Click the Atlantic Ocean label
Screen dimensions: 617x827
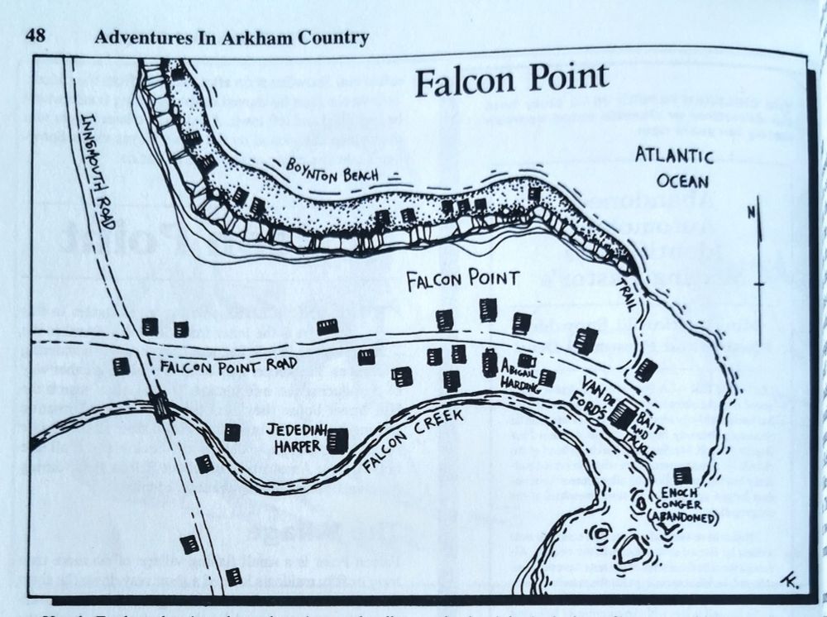point(673,168)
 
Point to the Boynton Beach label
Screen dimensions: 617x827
point(332,168)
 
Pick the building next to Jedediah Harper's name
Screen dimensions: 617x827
point(336,440)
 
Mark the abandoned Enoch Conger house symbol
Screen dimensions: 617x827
point(682,476)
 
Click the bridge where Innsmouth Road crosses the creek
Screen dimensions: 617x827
point(160,406)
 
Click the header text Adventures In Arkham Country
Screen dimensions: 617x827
point(232,36)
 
